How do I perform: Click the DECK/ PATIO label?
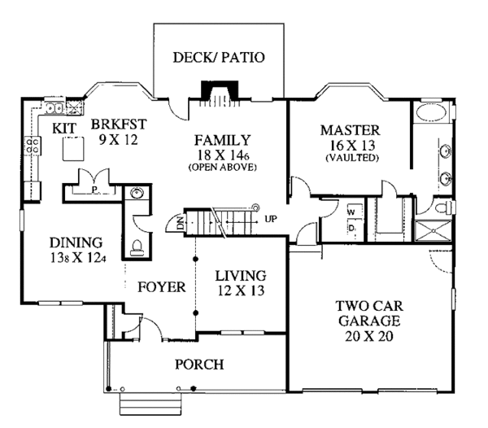coord(219,58)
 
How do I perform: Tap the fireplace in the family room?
coord(220,91)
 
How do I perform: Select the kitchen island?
coord(73,149)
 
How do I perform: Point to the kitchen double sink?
coord(54,108)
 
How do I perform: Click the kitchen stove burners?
coord(33,146)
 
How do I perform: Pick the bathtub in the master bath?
coord(431,112)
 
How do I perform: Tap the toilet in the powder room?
coord(137,248)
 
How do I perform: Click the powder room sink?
coord(137,194)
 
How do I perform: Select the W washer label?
coord(351,213)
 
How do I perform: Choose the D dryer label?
coord(351,228)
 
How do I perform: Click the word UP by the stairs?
coord(271,219)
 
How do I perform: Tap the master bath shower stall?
coord(434,230)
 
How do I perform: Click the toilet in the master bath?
coord(442,207)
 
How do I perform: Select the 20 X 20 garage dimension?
coord(369,336)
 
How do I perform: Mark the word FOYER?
coord(162,287)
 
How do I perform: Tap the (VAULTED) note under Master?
coord(352,158)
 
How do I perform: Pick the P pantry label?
coord(94,189)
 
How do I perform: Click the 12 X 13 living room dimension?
coord(241,290)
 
